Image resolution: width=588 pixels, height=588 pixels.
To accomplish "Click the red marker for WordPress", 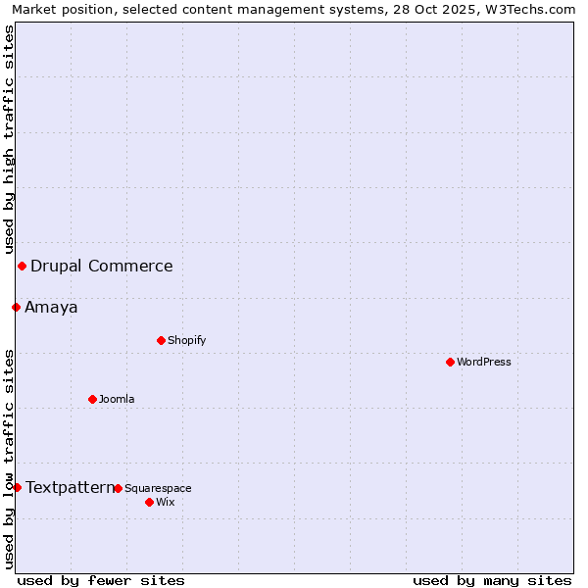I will point(450,362).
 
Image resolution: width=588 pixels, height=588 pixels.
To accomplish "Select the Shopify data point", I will point(161,340).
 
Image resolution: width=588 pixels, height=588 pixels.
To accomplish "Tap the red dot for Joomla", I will point(92,399).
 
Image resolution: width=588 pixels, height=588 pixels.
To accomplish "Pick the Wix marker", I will point(149,502).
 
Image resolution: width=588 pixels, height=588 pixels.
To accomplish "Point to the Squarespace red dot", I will point(118,488).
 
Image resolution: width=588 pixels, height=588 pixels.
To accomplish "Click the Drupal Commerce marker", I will point(22,266).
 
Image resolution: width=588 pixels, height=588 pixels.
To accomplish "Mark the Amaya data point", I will point(16,307).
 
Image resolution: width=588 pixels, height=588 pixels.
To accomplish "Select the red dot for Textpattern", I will point(17,487).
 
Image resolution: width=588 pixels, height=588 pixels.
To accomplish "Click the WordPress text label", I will point(484,362).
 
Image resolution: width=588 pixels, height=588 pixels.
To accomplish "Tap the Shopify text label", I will point(187,340).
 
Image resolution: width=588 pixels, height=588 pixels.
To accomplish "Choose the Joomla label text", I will point(117,399).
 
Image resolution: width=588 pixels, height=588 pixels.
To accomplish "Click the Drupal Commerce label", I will point(102,266).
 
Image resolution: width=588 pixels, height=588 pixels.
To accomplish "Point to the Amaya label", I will point(51,307).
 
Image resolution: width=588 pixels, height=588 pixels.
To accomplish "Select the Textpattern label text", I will point(70,487).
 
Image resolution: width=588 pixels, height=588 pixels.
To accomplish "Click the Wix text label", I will point(166,502).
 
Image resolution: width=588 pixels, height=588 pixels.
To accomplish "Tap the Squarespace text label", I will point(159,488).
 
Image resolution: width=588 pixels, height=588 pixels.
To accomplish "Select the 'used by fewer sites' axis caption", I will point(101,580).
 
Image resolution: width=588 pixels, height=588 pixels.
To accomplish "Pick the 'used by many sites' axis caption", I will point(492,580).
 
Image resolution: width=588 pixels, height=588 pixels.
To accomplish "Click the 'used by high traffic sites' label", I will point(9,139).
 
